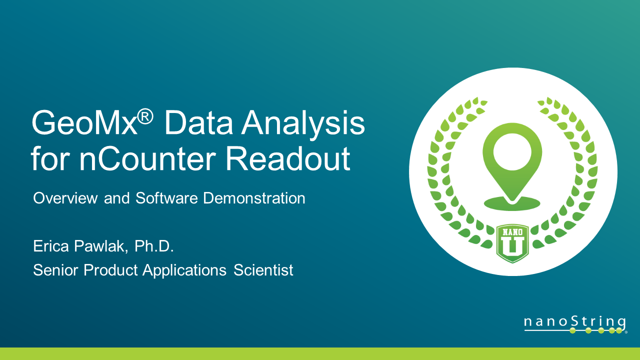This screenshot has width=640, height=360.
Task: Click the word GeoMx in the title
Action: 84,123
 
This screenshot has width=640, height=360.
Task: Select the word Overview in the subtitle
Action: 65,198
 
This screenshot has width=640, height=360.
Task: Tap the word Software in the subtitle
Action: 167,198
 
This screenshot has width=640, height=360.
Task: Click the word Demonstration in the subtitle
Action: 254,198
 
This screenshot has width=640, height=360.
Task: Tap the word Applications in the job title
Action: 184,271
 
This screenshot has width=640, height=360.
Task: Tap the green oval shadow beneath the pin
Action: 512,203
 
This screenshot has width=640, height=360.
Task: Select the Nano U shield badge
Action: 512,243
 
